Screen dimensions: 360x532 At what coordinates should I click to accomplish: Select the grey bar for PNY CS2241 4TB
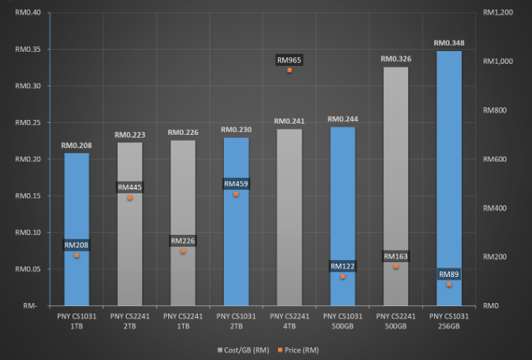point(289,222)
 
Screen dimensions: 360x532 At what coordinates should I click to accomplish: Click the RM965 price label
point(289,60)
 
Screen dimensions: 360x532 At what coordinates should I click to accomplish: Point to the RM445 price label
point(130,187)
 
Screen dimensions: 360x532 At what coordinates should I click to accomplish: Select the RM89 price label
point(449,275)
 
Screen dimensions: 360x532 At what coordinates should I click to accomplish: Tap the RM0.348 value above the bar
point(449,43)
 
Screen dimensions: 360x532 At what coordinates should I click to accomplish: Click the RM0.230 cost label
point(236,130)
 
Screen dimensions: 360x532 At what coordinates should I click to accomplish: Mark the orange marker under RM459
point(236,194)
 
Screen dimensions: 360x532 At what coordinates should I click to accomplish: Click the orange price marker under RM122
point(342,276)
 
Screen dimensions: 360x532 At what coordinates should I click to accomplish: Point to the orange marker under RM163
point(396,266)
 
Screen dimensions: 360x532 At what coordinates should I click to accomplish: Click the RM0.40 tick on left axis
point(29,13)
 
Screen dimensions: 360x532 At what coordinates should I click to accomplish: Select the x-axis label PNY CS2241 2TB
point(130,321)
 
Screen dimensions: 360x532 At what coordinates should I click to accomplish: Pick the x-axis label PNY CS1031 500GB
point(342,321)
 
